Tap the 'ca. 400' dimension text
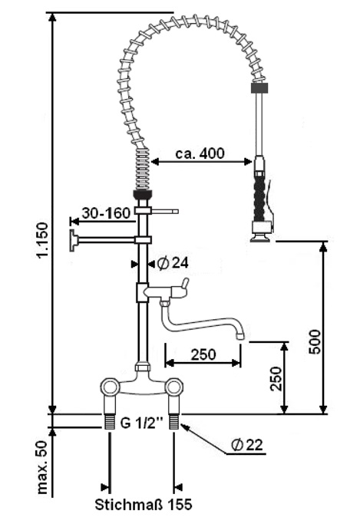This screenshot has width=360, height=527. pos(200,153)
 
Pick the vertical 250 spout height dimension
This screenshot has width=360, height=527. pos(276,378)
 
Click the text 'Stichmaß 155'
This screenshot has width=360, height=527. pos(143,506)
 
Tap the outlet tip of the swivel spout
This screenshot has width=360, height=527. pos(240,335)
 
